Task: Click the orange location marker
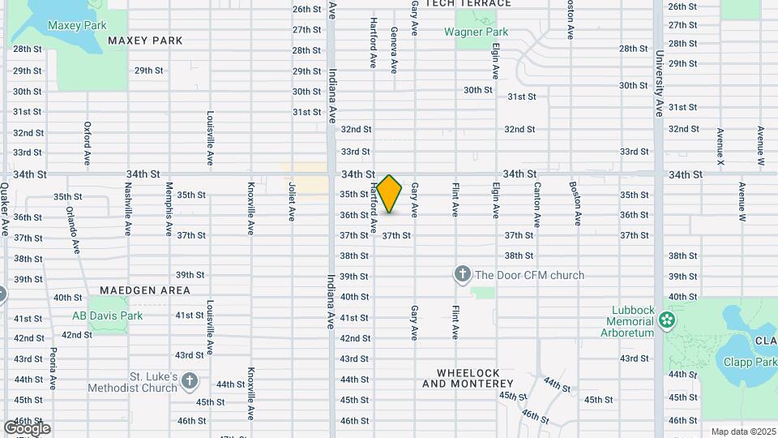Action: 390,194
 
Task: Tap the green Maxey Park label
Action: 77,25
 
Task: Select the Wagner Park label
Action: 476,32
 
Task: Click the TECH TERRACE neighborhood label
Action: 468,3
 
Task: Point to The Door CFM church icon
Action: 463,274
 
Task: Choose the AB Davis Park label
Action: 107,316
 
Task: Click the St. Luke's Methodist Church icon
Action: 189,380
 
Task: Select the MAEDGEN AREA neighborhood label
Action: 145,290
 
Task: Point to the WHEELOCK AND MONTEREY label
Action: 461,378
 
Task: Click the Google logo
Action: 26,427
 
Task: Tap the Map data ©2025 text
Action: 742,432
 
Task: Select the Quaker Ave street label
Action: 5,209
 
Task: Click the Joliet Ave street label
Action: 291,201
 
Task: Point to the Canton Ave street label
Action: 536,204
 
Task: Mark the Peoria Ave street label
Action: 53,369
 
